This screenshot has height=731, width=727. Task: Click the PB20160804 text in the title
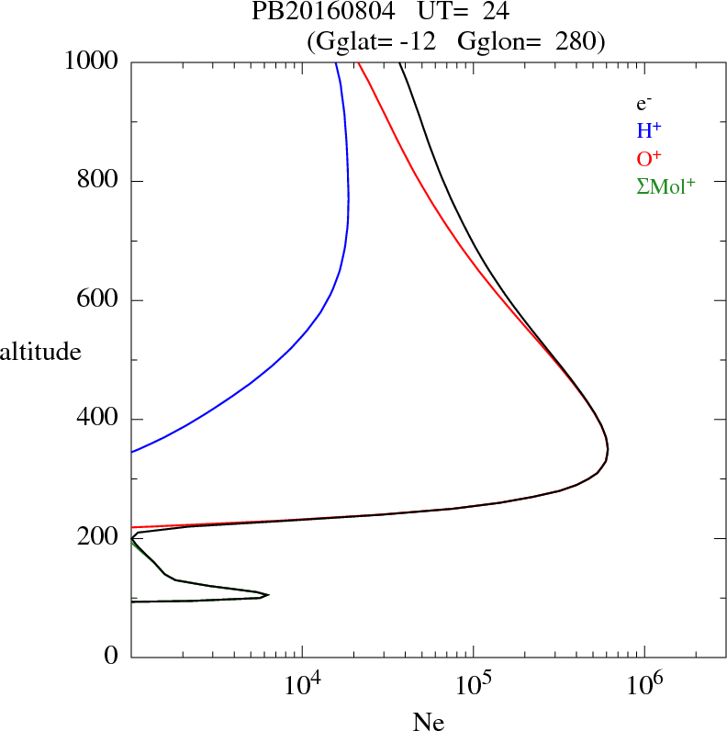(311, 13)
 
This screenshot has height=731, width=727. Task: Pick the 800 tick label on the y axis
(100, 181)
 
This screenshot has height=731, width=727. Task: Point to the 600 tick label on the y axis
(100, 300)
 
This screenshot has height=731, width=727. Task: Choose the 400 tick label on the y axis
(100, 420)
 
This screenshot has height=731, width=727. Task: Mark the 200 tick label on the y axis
(100, 538)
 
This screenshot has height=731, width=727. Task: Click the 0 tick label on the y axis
(113, 657)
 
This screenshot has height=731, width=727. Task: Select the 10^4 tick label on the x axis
(302, 685)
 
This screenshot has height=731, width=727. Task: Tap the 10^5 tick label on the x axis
(473, 685)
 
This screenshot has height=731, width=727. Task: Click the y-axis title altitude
(40, 351)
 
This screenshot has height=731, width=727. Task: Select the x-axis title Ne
(428, 722)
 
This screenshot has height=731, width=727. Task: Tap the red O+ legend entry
(650, 158)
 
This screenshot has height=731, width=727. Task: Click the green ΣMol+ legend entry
(665, 186)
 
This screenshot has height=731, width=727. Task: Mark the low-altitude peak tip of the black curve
(268, 595)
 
